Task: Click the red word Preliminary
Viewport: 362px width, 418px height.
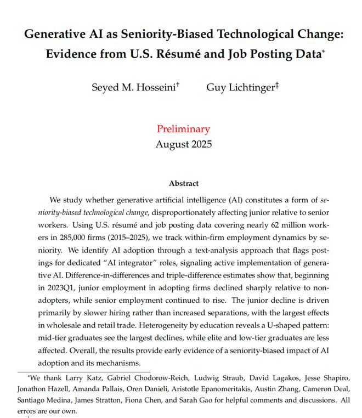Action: click(183, 129)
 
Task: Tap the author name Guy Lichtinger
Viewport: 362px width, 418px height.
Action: click(240, 88)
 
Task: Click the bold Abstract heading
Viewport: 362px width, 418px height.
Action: click(184, 183)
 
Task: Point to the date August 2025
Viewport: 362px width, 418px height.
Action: click(183, 145)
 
